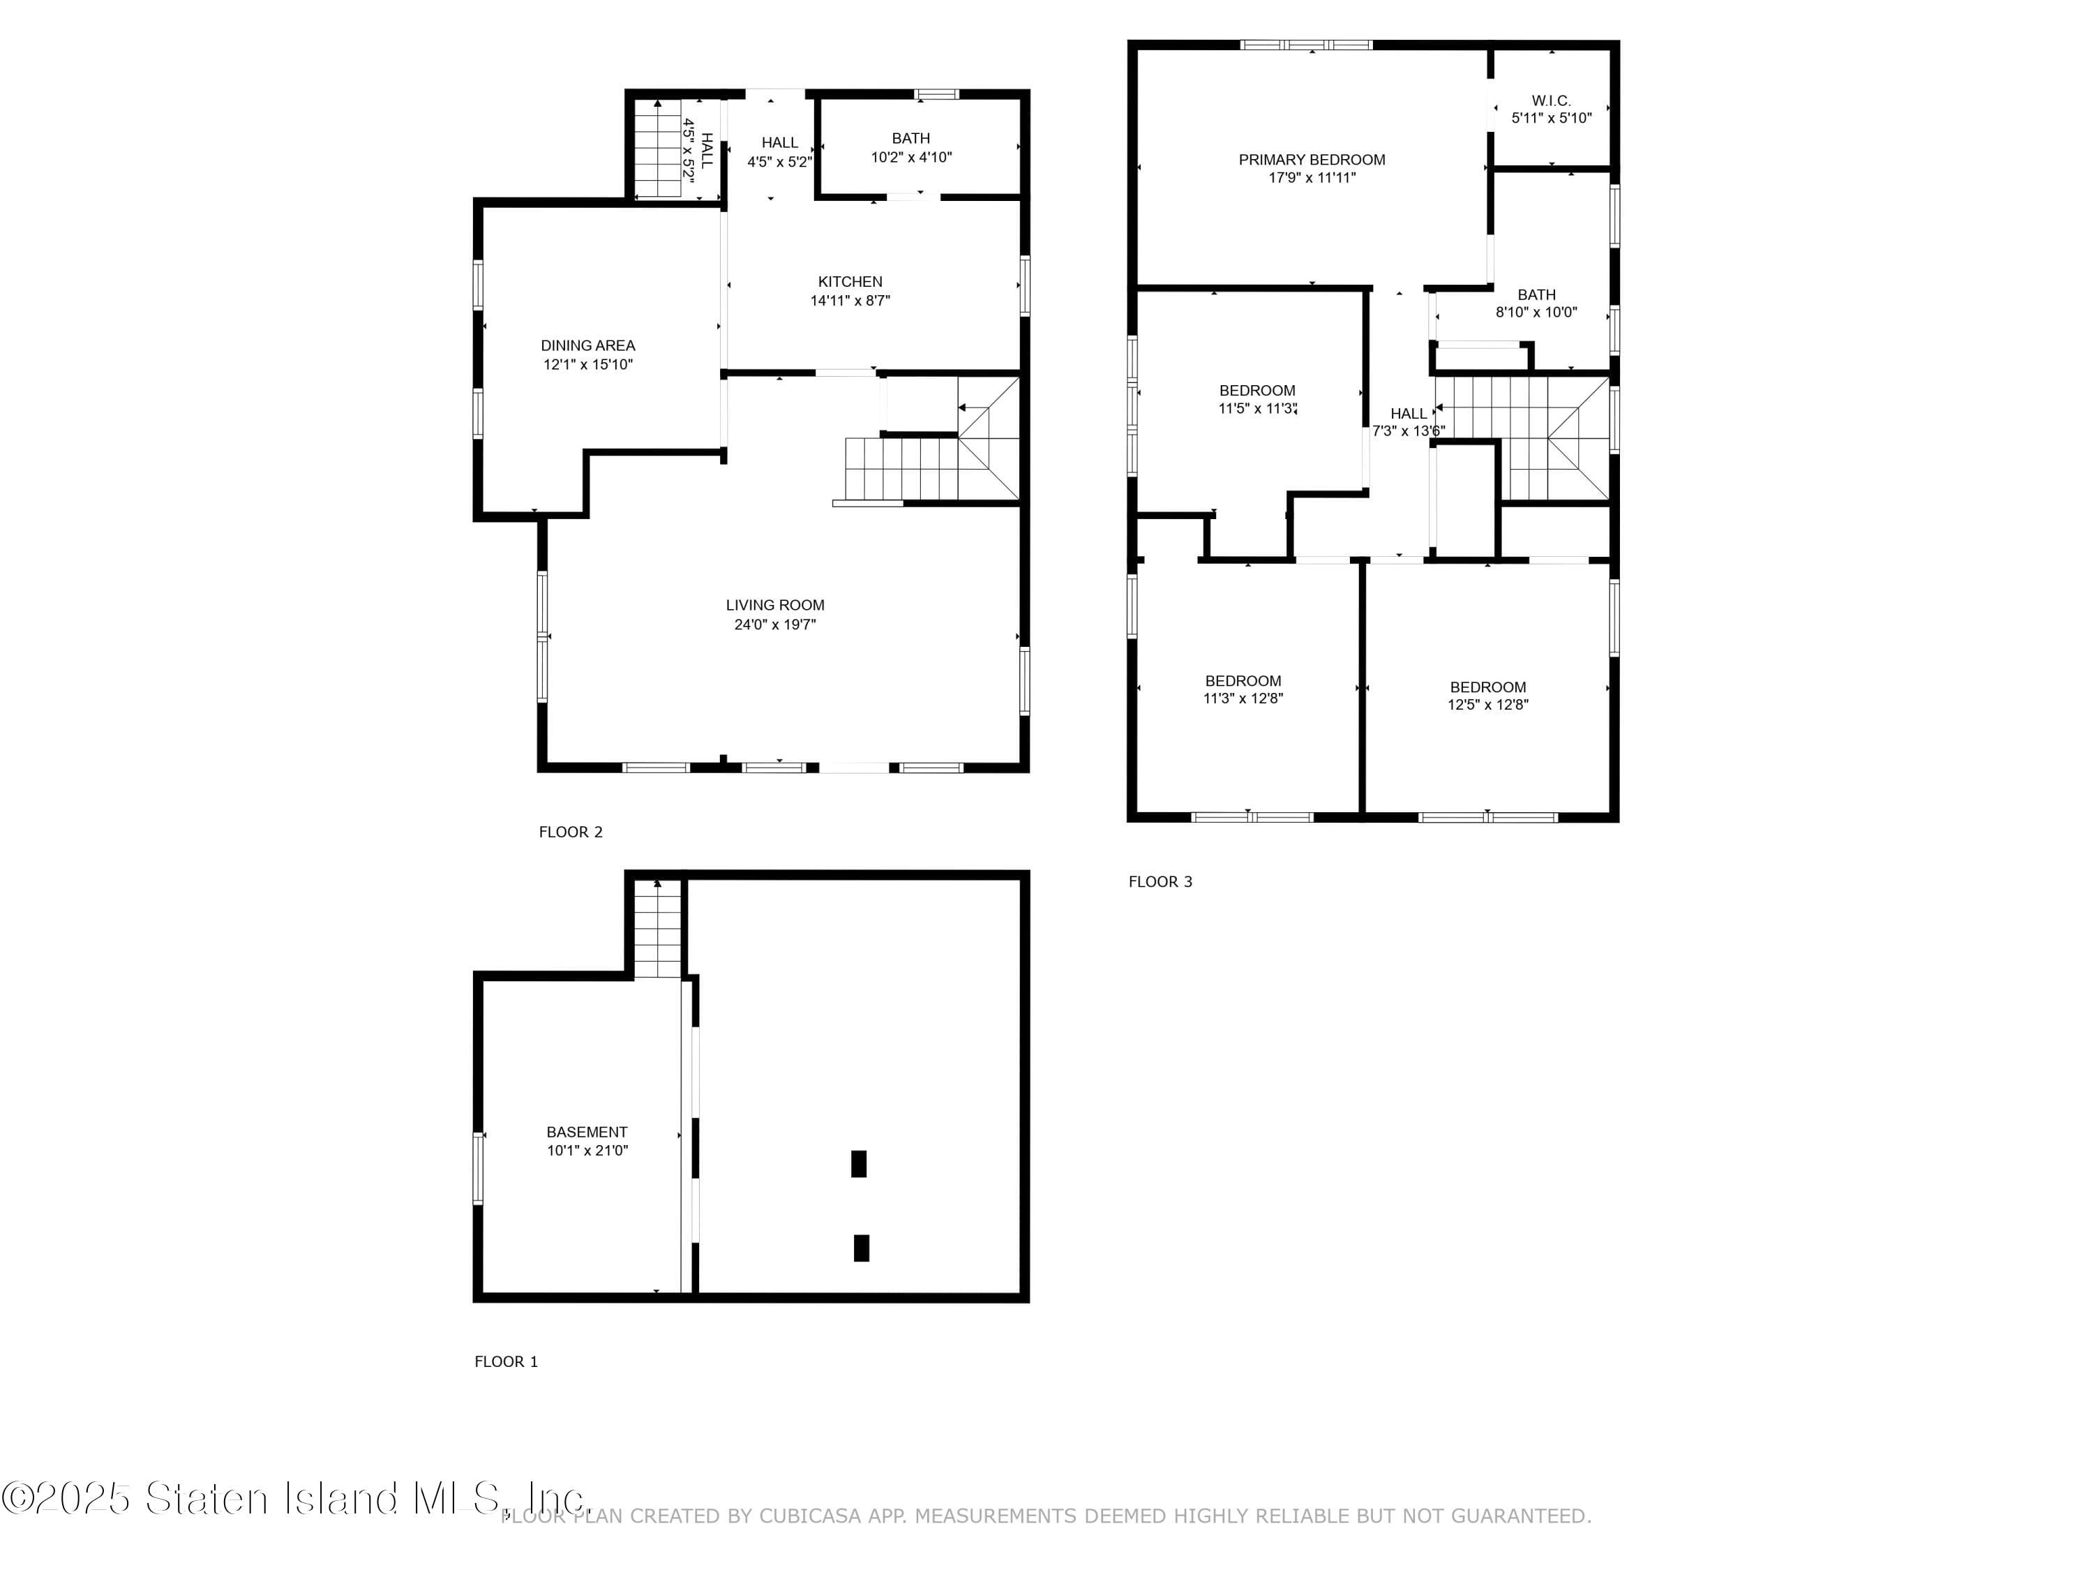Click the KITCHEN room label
point(850,282)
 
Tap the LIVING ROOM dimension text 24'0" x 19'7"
point(775,625)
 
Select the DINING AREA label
point(587,346)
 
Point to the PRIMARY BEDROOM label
point(1312,160)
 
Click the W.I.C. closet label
point(1551,100)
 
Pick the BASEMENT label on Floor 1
point(587,1132)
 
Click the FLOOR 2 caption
point(571,832)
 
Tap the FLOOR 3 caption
point(1160,881)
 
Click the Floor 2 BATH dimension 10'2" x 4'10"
point(911,157)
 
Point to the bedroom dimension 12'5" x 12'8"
point(1487,704)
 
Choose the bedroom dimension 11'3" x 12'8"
point(1243,698)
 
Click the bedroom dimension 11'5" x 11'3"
point(1256,409)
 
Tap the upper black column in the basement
point(858,1163)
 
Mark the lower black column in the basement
point(861,1248)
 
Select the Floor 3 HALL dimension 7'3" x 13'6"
point(1408,431)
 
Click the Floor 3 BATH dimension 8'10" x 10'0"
point(1536,313)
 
